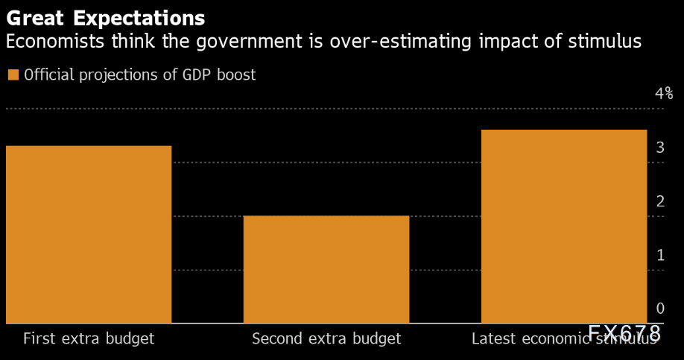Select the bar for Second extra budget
tap(326, 269)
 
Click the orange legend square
tap(13, 75)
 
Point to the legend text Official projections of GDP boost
tap(140, 75)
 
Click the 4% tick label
tap(664, 94)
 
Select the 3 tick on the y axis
tap(660, 148)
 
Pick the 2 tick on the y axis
tap(660, 201)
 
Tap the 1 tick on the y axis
tap(660, 255)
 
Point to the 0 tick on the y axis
tap(660, 309)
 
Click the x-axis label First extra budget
tap(89, 338)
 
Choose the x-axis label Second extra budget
tap(326, 338)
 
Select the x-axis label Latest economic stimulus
tap(564, 339)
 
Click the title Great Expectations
tap(105, 17)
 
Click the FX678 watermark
tap(624, 332)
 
